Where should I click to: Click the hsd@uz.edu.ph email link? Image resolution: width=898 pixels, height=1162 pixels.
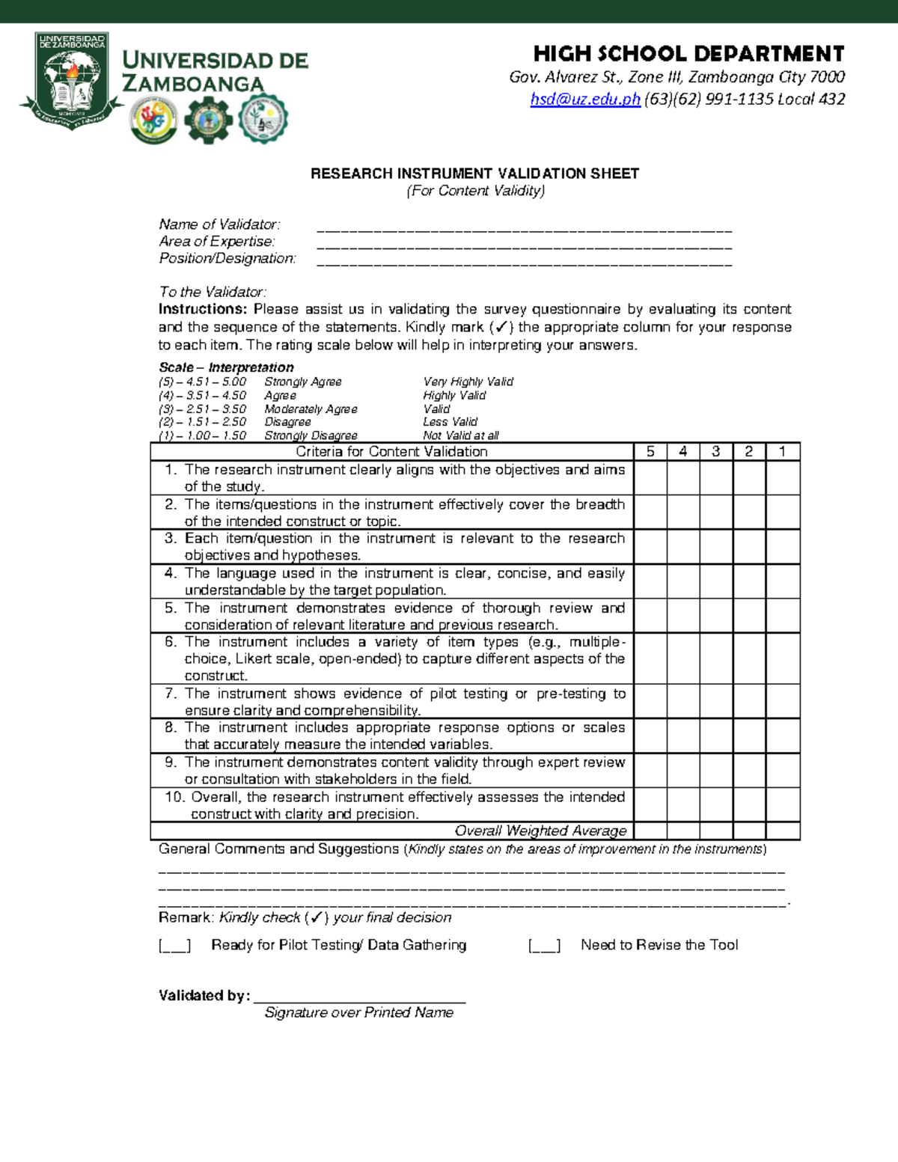tap(585, 100)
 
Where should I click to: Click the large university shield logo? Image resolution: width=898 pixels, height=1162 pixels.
tap(72, 81)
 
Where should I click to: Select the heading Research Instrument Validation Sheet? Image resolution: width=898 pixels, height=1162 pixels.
tap(474, 174)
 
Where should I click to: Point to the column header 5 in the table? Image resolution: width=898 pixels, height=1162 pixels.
tap(650, 451)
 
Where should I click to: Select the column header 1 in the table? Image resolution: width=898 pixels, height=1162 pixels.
tap(783, 451)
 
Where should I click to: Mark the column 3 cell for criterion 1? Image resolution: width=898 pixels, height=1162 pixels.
tap(716, 477)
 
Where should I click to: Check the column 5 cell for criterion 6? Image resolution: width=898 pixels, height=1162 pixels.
tap(650, 658)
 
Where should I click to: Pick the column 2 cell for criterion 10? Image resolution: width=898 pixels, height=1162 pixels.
tap(749, 805)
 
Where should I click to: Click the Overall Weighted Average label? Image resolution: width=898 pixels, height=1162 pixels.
tap(540, 831)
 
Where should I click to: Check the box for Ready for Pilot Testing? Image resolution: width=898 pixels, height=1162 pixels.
tap(174, 946)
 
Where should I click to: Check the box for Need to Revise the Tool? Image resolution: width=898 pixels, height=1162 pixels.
tap(544, 946)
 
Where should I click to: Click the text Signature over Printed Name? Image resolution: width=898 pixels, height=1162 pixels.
tap(358, 1012)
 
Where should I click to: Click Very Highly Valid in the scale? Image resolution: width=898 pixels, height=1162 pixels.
tap(468, 382)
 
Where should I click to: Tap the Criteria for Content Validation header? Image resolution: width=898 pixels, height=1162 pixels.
tap(391, 451)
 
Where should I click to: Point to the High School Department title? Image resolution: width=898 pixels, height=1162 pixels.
tap(688, 54)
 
